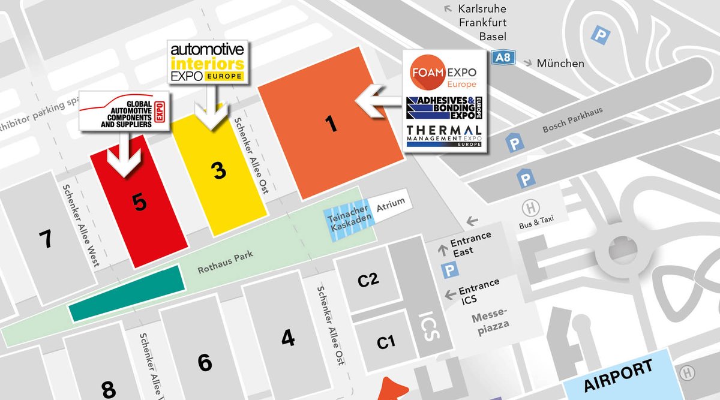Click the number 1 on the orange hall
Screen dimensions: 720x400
coord(329,124)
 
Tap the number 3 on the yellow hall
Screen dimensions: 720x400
coord(219,170)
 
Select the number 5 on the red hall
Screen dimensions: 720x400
coord(140,203)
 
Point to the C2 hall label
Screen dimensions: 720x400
coord(368,279)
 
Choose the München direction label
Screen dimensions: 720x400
coord(560,63)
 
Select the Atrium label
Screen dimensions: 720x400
coord(391,204)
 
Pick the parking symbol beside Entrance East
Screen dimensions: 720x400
coord(449,271)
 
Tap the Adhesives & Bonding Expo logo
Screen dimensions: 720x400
coord(443,106)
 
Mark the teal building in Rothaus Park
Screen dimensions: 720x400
coord(126,293)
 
